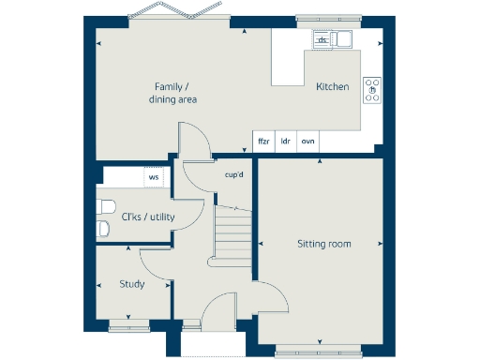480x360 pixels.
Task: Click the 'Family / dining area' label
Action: (x=175, y=93)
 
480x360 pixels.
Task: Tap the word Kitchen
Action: (x=332, y=87)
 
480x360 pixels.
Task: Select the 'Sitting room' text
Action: (x=323, y=244)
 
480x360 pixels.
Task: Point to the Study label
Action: (x=131, y=284)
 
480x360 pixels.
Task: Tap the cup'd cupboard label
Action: (x=233, y=174)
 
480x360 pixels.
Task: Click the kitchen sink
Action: (x=329, y=39)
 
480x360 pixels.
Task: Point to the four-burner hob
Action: (x=372, y=88)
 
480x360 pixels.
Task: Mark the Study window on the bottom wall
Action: (x=127, y=325)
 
